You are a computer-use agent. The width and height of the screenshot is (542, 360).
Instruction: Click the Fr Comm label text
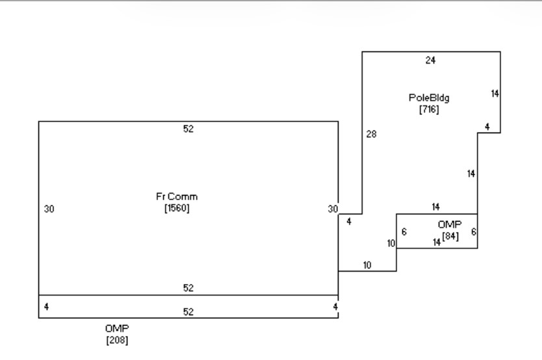click(177, 197)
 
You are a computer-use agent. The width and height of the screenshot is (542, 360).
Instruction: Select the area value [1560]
click(177, 208)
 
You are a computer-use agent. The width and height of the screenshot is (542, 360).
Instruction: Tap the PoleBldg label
click(429, 98)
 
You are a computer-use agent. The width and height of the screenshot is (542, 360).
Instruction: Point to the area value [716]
click(429, 110)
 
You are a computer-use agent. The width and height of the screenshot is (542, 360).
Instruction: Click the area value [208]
click(117, 340)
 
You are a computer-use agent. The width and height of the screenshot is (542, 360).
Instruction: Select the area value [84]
click(450, 237)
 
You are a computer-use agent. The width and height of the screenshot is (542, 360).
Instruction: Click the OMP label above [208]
click(117, 328)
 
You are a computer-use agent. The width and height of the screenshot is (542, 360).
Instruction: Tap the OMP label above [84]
click(449, 225)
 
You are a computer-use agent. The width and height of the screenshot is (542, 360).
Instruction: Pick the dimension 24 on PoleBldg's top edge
click(430, 60)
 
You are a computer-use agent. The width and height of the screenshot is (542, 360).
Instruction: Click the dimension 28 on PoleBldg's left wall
click(371, 134)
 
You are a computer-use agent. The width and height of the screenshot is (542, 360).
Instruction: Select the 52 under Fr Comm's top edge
click(188, 129)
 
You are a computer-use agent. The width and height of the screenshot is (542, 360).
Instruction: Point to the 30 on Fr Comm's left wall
click(49, 209)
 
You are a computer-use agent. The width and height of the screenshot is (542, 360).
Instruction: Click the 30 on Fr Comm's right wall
click(333, 209)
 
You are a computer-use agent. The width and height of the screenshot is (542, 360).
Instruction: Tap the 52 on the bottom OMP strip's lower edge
click(188, 312)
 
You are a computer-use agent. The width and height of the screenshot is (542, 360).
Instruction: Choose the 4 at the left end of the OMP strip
click(46, 307)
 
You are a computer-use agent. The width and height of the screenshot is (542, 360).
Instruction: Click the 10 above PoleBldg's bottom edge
click(367, 265)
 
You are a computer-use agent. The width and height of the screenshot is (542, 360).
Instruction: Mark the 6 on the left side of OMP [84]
click(404, 232)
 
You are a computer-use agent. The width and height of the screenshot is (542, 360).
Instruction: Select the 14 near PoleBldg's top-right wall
click(495, 94)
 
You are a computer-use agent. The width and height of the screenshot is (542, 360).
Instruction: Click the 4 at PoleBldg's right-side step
click(487, 127)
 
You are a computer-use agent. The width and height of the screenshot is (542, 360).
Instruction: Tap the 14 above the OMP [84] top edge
click(435, 207)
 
